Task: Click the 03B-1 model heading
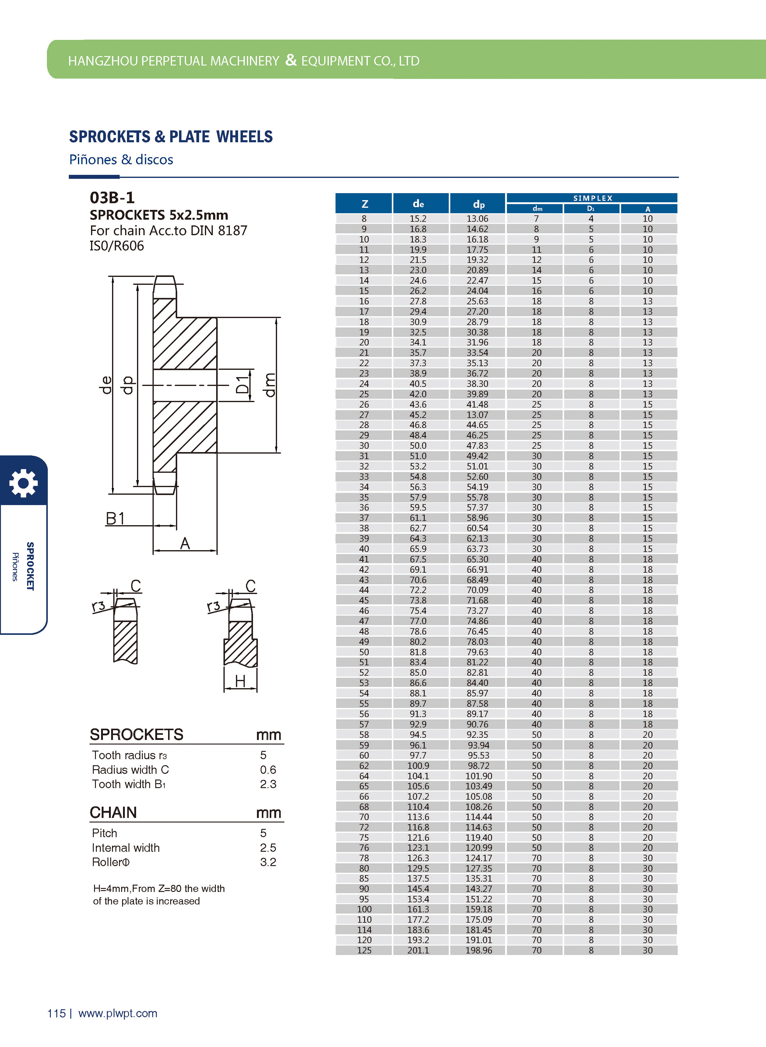tap(112, 198)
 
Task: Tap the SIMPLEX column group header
tap(592, 198)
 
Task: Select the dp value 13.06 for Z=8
tap(477, 218)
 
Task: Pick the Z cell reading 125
tap(364, 950)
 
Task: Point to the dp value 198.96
tap(479, 950)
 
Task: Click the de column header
tap(418, 204)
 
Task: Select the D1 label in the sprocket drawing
tap(242, 384)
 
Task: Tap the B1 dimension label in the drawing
tap(115, 519)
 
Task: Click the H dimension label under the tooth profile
tap(240, 681)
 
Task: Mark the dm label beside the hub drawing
tap(269, 384)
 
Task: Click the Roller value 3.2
tap(268, 862)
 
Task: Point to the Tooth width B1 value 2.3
tap(268, 784)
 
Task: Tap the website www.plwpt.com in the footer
tap(118, 1013)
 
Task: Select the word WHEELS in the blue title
tap(244, 137)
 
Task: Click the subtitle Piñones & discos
tap(121, 160)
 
